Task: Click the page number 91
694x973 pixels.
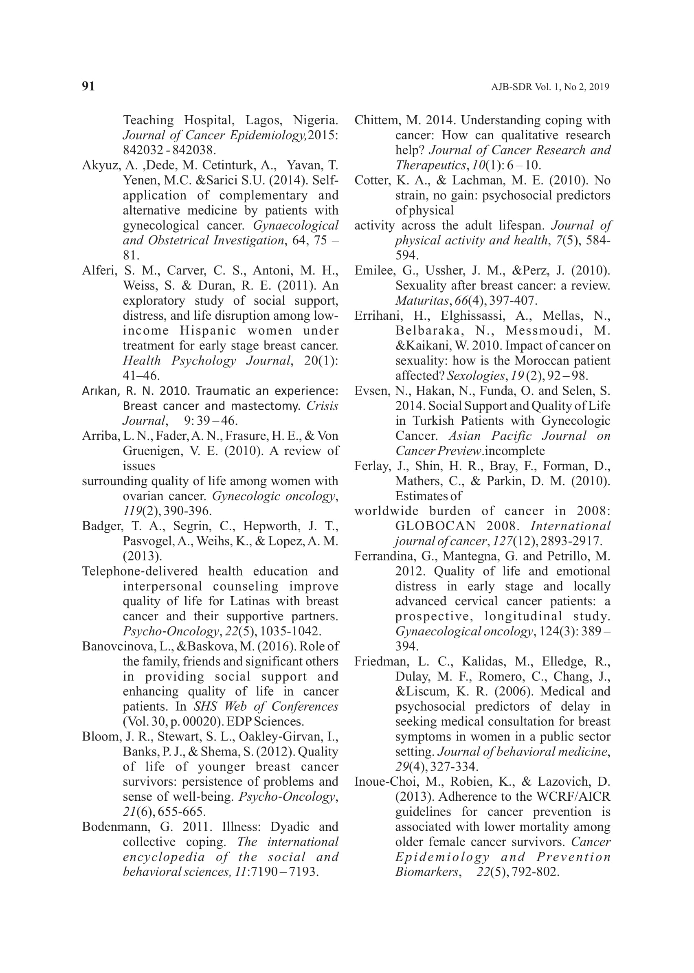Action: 88,86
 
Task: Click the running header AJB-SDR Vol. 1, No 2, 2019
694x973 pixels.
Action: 549,87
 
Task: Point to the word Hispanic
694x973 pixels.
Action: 208,331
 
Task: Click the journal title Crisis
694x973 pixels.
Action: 322,406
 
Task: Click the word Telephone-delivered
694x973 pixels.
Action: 140,571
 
